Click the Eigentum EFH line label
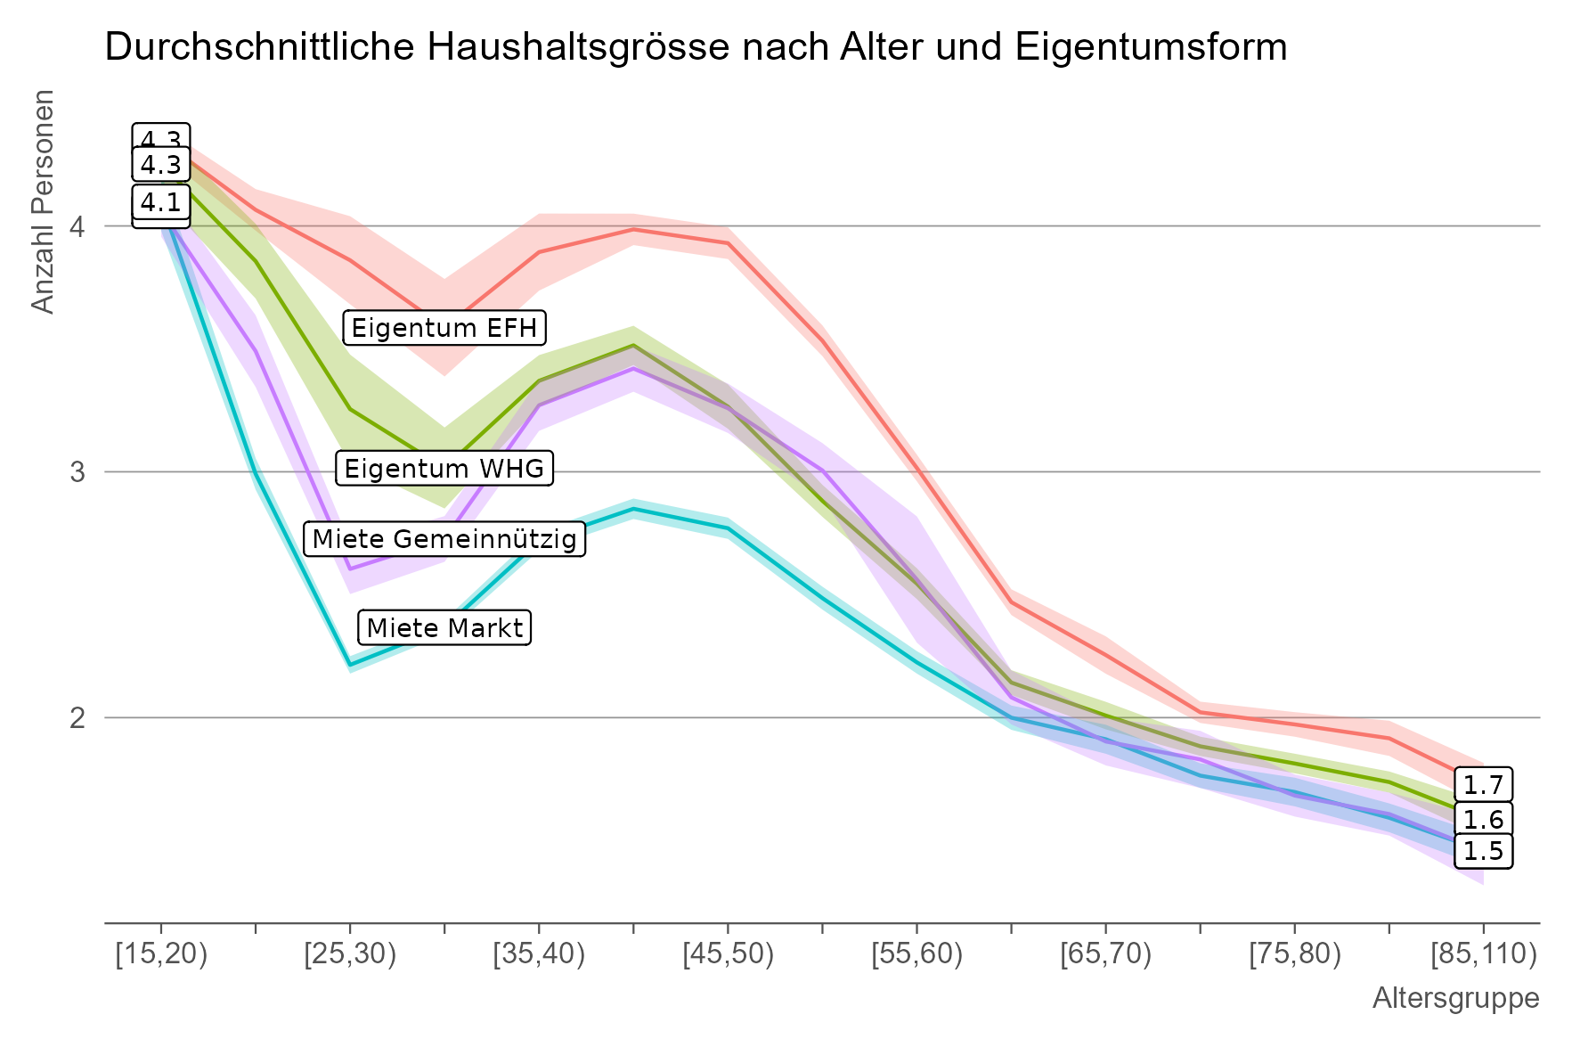point(444,328)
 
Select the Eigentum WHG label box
point(444,469)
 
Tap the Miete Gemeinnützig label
point(444,539)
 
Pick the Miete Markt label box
point(444,628)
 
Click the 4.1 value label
point(161,202)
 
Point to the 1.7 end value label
point(1483,785)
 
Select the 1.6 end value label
point(1483,819)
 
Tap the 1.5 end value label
point(1483,851)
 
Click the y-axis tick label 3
point(77,471)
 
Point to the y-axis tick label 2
point(77,717)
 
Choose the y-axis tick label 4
point(77,226)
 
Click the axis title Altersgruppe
point(1455,998)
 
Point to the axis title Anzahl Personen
point(43,201)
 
